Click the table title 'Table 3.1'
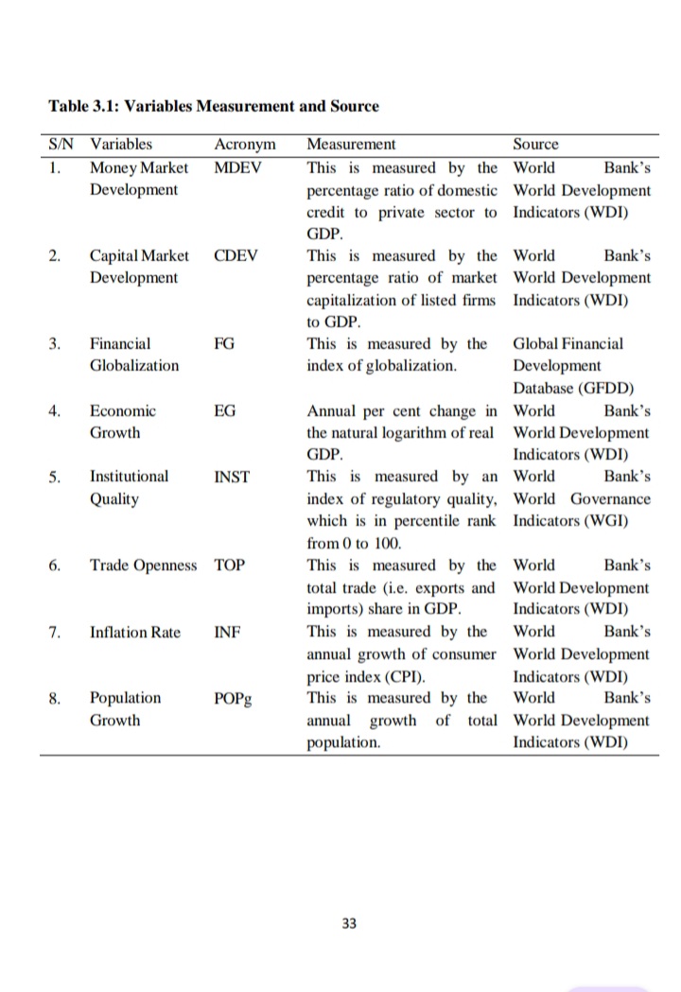87,106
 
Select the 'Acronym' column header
245,145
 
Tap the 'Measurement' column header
352,145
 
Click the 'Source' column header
535,145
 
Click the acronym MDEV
238,167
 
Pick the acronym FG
224,344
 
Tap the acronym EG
224,410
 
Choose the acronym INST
232,477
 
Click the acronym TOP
230,566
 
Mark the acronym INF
227,632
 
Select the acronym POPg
234,699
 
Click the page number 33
349,923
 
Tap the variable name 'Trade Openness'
144,566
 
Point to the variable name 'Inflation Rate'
135,632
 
